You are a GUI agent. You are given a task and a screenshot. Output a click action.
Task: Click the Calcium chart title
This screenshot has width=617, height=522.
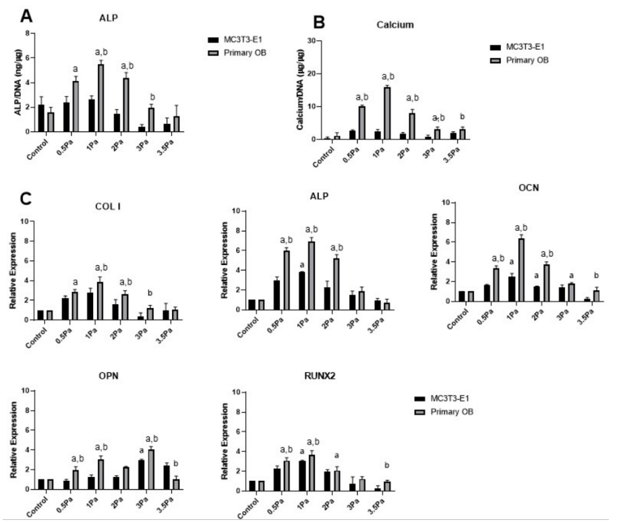[394, 25]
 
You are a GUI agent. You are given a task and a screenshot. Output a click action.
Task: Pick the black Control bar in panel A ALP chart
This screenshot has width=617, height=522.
[41, 118]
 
